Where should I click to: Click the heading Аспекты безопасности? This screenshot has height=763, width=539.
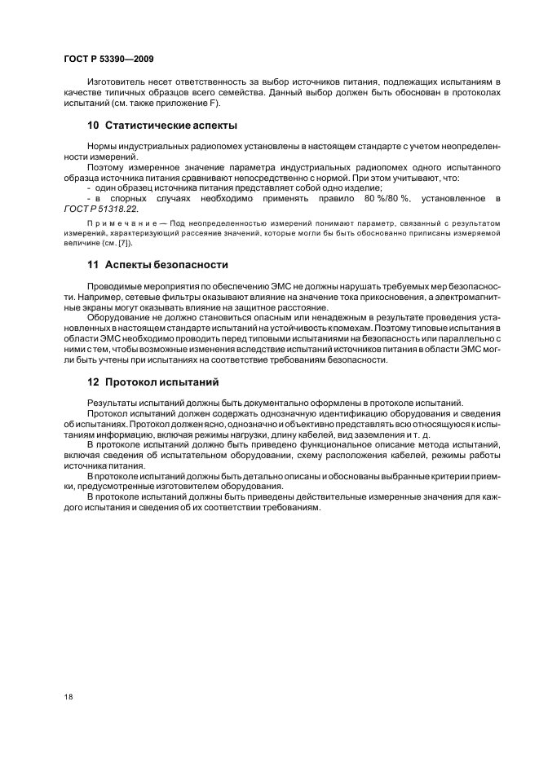tap(166, 265)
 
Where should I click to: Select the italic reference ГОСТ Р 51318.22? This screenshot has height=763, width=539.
tap(95, 209)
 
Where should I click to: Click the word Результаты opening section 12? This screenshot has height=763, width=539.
tap(113, 403)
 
